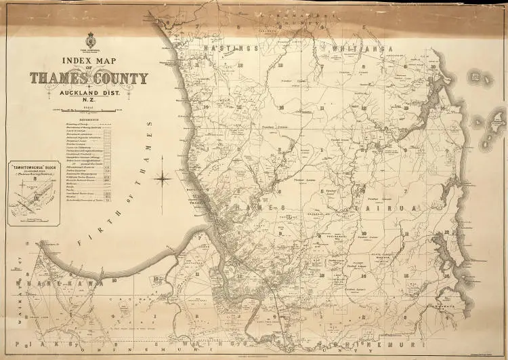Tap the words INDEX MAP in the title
pyautogui.click(x=88, y=62)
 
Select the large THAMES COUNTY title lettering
pyautogui.click(x=88, y=78)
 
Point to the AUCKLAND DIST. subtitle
pyautogui.click(x=88, y=93)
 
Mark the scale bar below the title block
pyautogui.click(x=88, y=109)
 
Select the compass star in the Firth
pyautogui.click(x=163, y=179)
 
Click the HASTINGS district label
pyautogui.click(x=217, y=48)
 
